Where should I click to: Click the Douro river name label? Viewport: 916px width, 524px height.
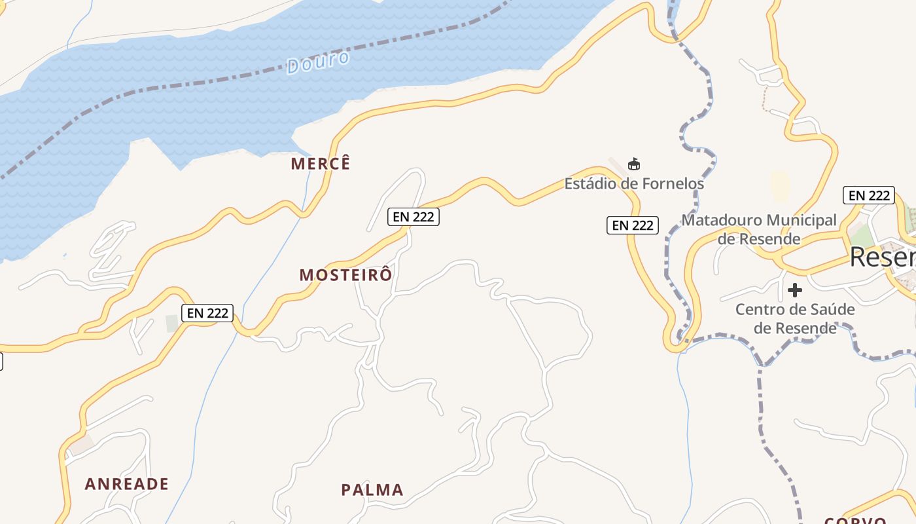click(318, 62)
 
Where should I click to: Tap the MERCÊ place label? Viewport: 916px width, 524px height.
click(321, 163)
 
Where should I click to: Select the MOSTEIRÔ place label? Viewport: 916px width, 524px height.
click(346, 275)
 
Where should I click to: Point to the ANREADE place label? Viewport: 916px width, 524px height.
click(127, 484)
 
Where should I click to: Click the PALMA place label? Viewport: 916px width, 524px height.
click(372, 490)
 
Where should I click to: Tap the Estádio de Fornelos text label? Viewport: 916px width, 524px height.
click(634, 184)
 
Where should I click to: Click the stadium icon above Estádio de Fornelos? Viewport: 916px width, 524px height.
click(633, 164)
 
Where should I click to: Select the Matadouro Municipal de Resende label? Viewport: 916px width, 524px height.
click(759, 229)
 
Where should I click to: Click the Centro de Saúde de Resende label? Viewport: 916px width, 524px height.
click(795, 318)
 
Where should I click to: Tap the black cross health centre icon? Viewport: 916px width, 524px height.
click(795, 290)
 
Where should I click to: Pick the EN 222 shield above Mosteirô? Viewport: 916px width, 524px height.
click(414, 216)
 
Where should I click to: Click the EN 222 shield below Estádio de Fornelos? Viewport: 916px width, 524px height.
click(632, 225)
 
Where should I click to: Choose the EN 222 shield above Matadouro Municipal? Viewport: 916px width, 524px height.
click(868, 195)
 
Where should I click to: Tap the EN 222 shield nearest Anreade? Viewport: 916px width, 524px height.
click(207, 313)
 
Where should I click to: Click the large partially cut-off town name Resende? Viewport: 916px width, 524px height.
click(882, 257)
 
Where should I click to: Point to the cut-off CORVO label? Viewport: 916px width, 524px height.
click(855, 521)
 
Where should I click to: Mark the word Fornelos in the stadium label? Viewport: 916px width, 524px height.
click(673, 184)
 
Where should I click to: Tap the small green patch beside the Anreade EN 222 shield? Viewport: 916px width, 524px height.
click(172, 323)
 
